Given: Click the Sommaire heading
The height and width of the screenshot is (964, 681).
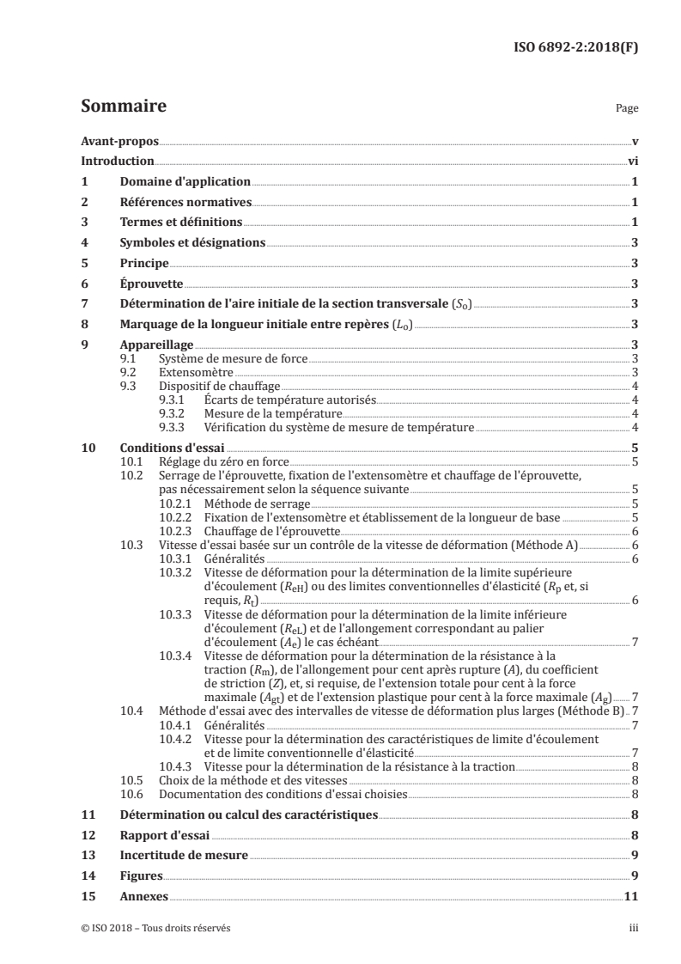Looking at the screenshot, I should [123, 107].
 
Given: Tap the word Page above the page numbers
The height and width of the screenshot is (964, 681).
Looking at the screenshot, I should [627, 110].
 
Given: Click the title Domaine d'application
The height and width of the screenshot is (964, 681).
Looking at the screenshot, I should [185, 182].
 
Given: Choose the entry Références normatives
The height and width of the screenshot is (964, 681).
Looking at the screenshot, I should [185, 203].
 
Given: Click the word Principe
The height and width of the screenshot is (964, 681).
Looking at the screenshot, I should [143, 264].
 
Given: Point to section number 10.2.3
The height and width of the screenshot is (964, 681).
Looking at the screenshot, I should [176, 531].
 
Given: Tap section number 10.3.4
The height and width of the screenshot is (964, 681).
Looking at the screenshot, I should [176, 656].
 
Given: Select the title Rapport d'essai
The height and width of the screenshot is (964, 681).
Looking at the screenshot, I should [166, 835].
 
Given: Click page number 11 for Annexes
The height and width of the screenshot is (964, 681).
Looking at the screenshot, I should [630, 897].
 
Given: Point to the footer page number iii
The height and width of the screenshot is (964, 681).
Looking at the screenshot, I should [634, 928].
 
